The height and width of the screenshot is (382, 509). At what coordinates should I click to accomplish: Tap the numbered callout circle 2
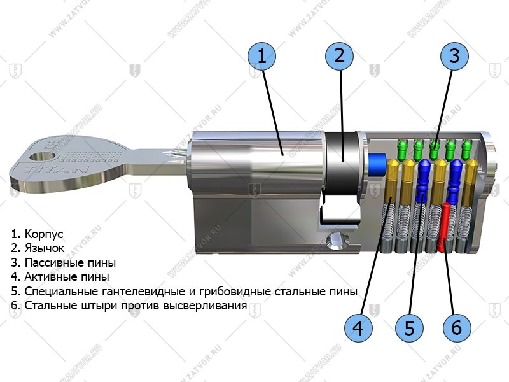pyautogui.click(x=339, y=55)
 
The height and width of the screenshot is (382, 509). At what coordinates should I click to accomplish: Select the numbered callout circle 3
pyautogui.click(x=454, y=56)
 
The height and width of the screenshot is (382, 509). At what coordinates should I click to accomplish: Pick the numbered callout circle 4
pyautogui.click(x=358, y=328)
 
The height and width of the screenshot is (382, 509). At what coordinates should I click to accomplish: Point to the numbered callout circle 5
pyautogui.click(x=408, y=328)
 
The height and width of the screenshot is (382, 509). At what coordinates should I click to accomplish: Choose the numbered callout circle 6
pyautogui.click(x=456, y=328)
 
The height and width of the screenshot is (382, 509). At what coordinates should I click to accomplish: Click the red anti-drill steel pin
pyautogui.click(x=445, y=227)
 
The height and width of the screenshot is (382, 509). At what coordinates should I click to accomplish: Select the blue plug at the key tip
pyautogui.click(x=377, y=163)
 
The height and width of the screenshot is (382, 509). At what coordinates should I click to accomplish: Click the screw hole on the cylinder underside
pyautogui.click(x=335, y=241)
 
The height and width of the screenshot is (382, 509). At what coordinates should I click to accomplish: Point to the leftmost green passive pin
pyautogui.click(x=401, y=150)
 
